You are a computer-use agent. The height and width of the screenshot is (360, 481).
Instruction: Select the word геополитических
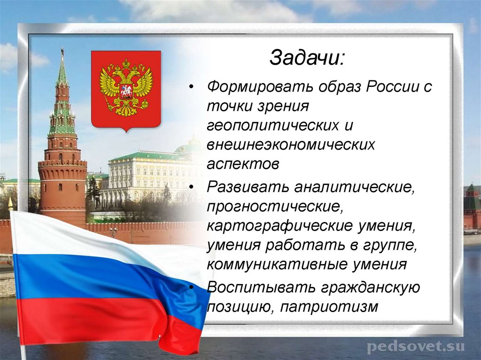pos(269,126)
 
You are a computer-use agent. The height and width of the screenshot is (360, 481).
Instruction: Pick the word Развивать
pos(247,187)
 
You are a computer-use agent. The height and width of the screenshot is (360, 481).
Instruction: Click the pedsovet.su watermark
pos(415,347)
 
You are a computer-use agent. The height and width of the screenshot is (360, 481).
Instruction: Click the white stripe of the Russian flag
pos(70,235)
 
